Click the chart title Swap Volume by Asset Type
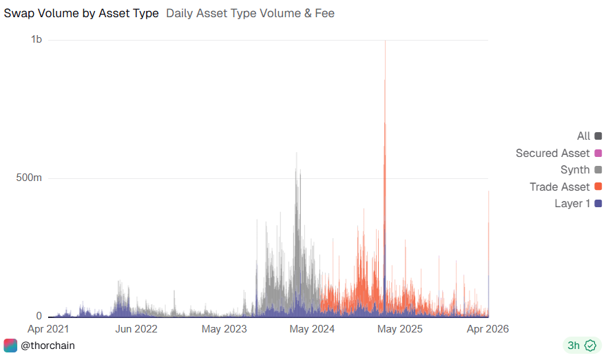coord(81,13)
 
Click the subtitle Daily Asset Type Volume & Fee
coord(250,13)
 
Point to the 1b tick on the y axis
coord(36,40)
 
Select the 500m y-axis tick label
coord(30,178)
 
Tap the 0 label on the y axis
coord(39,316)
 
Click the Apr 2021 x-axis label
coord(48,329)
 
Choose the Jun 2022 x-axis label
coord(136,329)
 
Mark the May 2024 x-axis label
coord(313,329)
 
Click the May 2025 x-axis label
coord(401,329)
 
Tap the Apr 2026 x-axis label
coord(487,329)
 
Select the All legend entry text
coord(583,136)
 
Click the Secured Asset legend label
coord(552,153)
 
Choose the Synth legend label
coord(575,169)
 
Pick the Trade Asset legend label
coord(559,187)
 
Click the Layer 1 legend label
coord(572,203)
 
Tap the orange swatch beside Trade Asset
coord(598,187)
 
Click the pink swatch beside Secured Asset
coord(598,153)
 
